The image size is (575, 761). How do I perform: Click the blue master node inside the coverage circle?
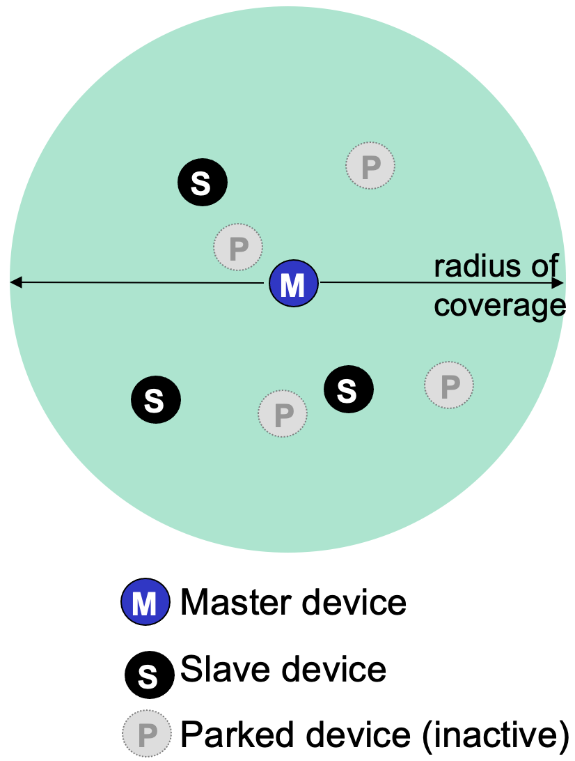click(293, 284)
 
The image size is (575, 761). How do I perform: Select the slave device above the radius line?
click(202, 183)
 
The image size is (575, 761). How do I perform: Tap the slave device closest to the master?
click(349, 389)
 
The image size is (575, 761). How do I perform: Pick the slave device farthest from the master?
click(156, 400)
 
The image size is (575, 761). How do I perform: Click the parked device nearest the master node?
click(238, 247)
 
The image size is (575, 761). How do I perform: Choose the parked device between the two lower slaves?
click(283, 414)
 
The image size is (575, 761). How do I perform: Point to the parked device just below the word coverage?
click(449, 384)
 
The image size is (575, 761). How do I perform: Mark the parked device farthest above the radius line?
click(370, 165)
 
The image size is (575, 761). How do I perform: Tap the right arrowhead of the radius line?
click(558, 283)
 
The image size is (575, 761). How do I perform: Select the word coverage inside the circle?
click(499, 305)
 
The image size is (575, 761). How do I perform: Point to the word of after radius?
click(545, 267)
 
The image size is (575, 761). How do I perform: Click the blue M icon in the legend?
click(145, 603)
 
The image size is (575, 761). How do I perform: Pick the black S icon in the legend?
click(149, 674)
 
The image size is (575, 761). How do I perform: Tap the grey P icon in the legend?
click(146, 734)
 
